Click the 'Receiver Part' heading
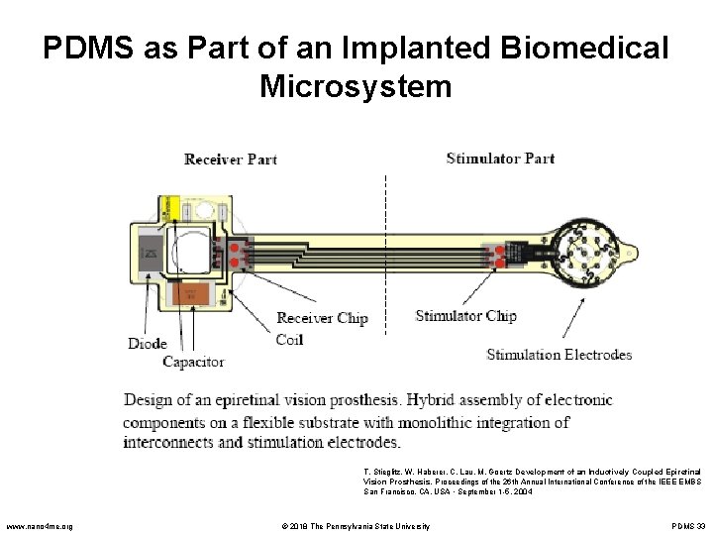click(x=230, y=159)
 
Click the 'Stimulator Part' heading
click(x=500, y=158)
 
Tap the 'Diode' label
click(x=148, y=344)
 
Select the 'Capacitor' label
click(x=193, y=362)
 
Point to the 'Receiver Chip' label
click(x=322, y=318)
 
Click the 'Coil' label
click(x=289, y=339)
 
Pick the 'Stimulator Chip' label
click(x=465, y=316)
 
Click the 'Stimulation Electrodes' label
click(x=560, y=355)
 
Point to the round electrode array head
click(x=590, y=253)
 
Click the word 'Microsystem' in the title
click(x=356, y=86)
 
